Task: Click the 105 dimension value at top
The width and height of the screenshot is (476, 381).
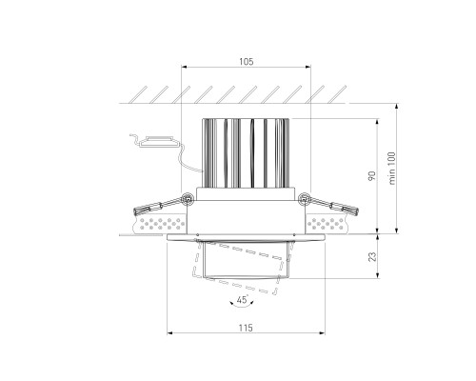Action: coord(247,62)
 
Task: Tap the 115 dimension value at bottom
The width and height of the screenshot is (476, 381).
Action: coord(246,328)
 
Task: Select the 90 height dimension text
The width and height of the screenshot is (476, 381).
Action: coord(372,176)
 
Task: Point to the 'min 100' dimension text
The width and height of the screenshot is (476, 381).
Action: coord(392,169)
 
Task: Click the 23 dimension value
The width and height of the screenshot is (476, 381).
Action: coord(372,256)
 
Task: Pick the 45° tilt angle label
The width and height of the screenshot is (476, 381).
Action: coord(243,299)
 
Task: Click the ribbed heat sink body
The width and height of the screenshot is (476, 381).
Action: coord(246,153)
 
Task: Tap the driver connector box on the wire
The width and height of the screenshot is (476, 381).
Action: coord(158,142)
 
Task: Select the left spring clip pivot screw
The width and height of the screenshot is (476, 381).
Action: coord(188,199)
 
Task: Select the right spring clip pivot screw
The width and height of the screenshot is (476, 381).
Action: coord(305,199)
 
